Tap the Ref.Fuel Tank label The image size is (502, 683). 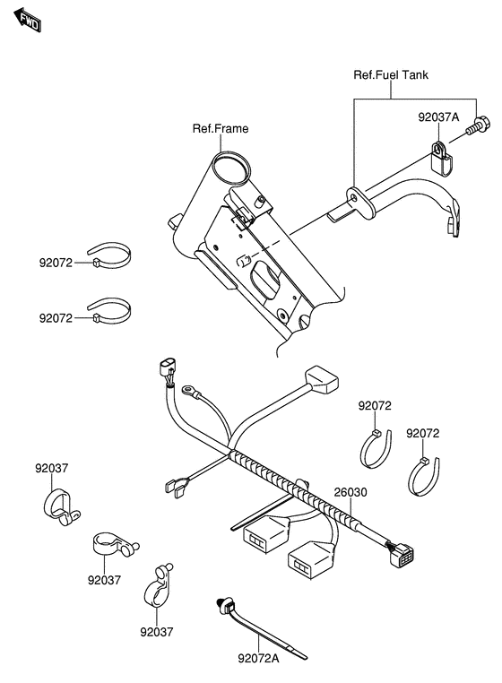coord(391,75)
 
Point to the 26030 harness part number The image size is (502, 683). coord(351,493)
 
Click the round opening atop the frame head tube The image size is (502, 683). coord(229,168)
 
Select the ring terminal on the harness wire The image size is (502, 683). coord(190,390)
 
